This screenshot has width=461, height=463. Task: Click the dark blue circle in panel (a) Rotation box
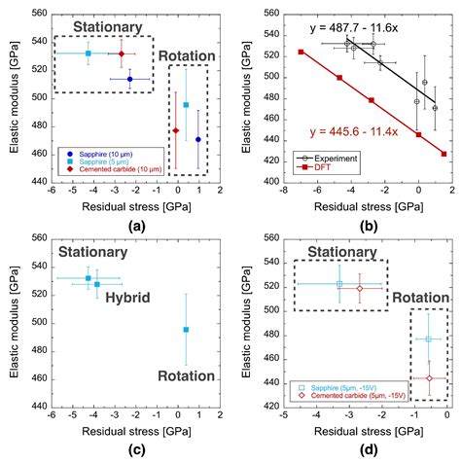coord(198,139)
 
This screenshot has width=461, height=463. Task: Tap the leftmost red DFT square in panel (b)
coord(301,52)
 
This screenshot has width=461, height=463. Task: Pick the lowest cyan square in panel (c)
coord(186,330)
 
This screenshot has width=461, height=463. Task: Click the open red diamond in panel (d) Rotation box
coord(429,378)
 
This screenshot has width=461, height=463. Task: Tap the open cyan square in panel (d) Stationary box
coord(339,284)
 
